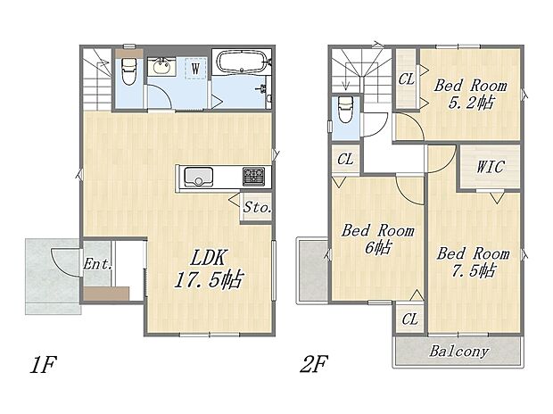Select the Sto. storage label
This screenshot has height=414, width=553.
(257, 207)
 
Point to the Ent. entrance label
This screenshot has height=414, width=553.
(97, 263)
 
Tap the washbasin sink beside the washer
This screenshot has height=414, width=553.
(161, 66)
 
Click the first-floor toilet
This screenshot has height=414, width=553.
(127, 70)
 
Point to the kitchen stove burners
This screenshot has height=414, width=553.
(252, 175)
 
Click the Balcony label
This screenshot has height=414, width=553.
(459, 352)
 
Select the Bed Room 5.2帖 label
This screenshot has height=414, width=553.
(470, 95)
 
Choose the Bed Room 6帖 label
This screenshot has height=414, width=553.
(378, 238)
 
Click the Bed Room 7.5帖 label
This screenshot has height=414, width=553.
(473, 261)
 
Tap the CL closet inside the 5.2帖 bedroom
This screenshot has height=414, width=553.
(407, 79)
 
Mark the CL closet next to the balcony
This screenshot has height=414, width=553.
(410, 318)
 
